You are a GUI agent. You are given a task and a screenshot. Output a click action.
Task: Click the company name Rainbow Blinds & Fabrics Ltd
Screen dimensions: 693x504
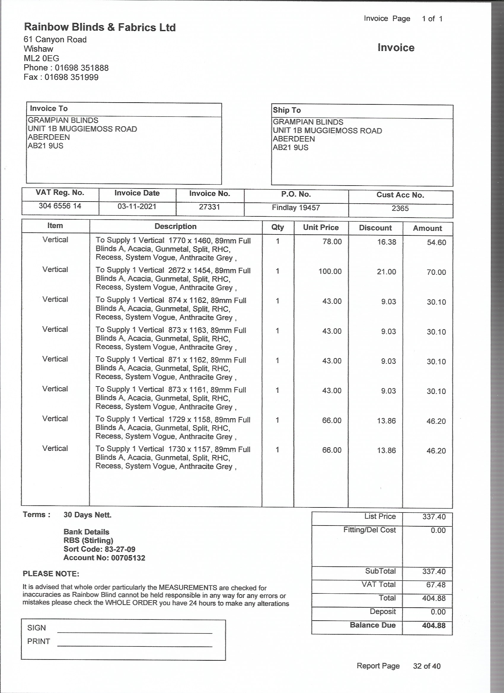click(100, 28)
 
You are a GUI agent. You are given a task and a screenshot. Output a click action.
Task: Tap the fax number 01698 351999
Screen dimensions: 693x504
click(71, 77)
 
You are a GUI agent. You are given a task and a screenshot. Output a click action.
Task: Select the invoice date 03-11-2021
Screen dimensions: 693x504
click(137, 207)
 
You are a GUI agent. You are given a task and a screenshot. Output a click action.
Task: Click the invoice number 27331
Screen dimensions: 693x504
click(209, 207)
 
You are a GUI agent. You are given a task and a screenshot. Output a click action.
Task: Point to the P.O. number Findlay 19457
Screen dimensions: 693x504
click(296, 208)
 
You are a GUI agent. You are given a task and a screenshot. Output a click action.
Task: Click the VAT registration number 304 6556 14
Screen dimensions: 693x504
click(60, 206)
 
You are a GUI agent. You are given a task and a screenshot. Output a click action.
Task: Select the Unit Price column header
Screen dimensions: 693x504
click(320, 227)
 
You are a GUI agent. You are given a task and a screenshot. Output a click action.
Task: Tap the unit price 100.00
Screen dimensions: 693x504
click(330, 271)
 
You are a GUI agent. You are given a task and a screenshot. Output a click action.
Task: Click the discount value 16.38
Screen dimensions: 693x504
click(386, 242)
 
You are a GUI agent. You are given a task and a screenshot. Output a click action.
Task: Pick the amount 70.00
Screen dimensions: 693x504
click(436, 272)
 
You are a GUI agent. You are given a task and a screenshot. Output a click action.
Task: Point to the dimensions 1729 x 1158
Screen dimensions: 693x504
click(189, 419)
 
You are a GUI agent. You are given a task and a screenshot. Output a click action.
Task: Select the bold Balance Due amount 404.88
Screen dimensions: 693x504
click(434, 625)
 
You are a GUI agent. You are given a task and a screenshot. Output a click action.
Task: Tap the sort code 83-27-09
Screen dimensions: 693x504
click(120, 549)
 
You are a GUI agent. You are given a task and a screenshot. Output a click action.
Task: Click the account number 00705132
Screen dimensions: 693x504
click(128, 558)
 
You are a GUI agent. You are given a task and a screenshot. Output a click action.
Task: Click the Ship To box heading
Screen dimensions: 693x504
click(287, 110)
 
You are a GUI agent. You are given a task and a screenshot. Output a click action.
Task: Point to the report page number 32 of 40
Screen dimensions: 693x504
click(427, 666)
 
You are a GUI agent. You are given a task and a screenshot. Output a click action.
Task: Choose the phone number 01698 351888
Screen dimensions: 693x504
click(82, 68)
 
